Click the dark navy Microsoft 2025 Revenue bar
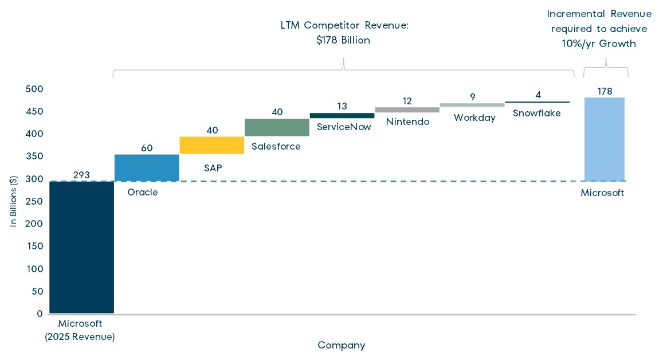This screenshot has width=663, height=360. tap(81, 247)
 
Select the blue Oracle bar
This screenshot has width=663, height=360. tap(147, 168)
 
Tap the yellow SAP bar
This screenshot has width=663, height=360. tap(212, 146)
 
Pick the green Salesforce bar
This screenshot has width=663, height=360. tap(277, 127)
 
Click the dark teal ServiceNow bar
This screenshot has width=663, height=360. tap(342, 116)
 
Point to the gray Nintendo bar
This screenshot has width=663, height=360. tap(407, 110)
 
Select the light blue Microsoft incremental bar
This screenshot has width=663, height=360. tap(605, 139)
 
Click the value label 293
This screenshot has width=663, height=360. tap(81, 175)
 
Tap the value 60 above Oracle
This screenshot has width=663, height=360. tap(147, 148)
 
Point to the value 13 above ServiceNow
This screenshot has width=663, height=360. tap(342, 106)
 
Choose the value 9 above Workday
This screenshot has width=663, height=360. tap(473, 97)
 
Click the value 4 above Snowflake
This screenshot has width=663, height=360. tap(538, 95)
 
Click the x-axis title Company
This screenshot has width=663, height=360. tap(342, 345)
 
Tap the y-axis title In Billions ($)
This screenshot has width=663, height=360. tap(13, 201)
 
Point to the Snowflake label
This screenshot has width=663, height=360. tap(536, 113)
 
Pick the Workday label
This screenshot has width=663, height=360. tap(474, 118)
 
